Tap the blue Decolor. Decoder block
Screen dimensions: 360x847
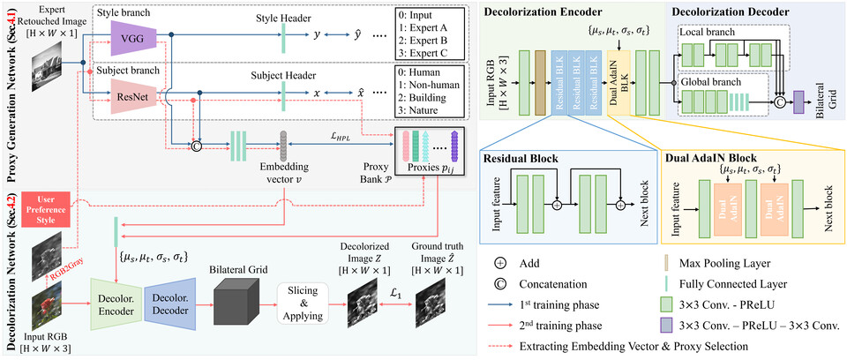tap(173, 300)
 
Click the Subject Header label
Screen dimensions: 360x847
tap(282, 74)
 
